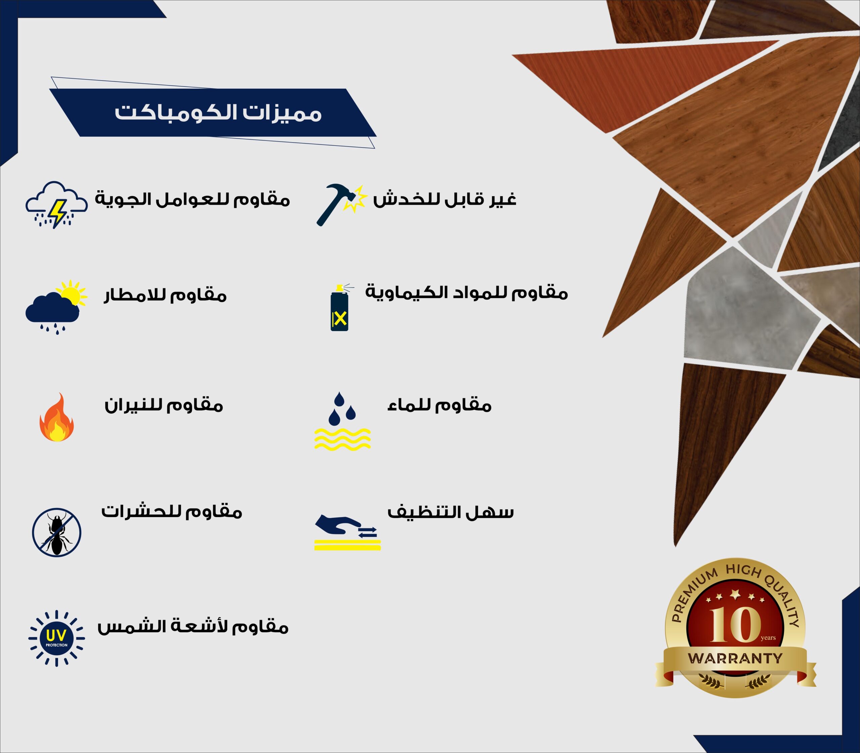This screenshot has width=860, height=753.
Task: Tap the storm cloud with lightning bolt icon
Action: point(57,205)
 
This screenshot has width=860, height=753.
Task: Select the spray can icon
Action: point(340,308)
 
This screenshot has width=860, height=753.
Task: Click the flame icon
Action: point(57,418)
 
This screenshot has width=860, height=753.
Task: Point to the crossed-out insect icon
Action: point(57,532)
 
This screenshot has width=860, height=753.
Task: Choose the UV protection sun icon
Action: point(57,638)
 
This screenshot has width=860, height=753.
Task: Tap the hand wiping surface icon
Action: point(347,531)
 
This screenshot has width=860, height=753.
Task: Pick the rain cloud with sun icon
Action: point(56,306)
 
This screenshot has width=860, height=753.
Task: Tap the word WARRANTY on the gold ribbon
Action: point(735,659)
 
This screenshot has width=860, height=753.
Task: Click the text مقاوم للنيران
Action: point(164,405)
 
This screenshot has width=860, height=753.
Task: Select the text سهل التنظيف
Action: point(450,512)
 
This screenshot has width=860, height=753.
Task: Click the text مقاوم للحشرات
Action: point(171,511)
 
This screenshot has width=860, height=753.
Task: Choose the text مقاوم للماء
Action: point(439,405)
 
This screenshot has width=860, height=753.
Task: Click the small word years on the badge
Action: point(768,638)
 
